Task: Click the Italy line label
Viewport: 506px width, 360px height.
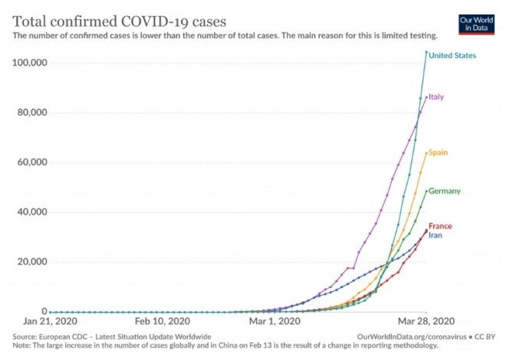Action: click(x=436, y=97)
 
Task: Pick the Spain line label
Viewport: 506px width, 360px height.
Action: click(x=438, y=152)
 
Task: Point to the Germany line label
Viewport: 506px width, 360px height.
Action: click(x=445, y=191)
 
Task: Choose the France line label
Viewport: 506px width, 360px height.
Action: click(x=440, y=226)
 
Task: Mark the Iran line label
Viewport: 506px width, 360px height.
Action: click(x=435, y=235)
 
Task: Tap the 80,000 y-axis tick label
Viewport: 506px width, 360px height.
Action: click(x=31, y=113)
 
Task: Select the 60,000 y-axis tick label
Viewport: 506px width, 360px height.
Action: click(x=31, y=162)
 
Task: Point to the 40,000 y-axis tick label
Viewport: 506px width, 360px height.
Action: click(x=31, y=212)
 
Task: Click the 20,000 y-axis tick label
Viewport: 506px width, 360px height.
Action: click(x=31, y=262)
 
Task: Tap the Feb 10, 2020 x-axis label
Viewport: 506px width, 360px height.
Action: click(x=163, y=322)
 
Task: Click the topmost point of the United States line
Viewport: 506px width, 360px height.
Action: click(x=426, y=52)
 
